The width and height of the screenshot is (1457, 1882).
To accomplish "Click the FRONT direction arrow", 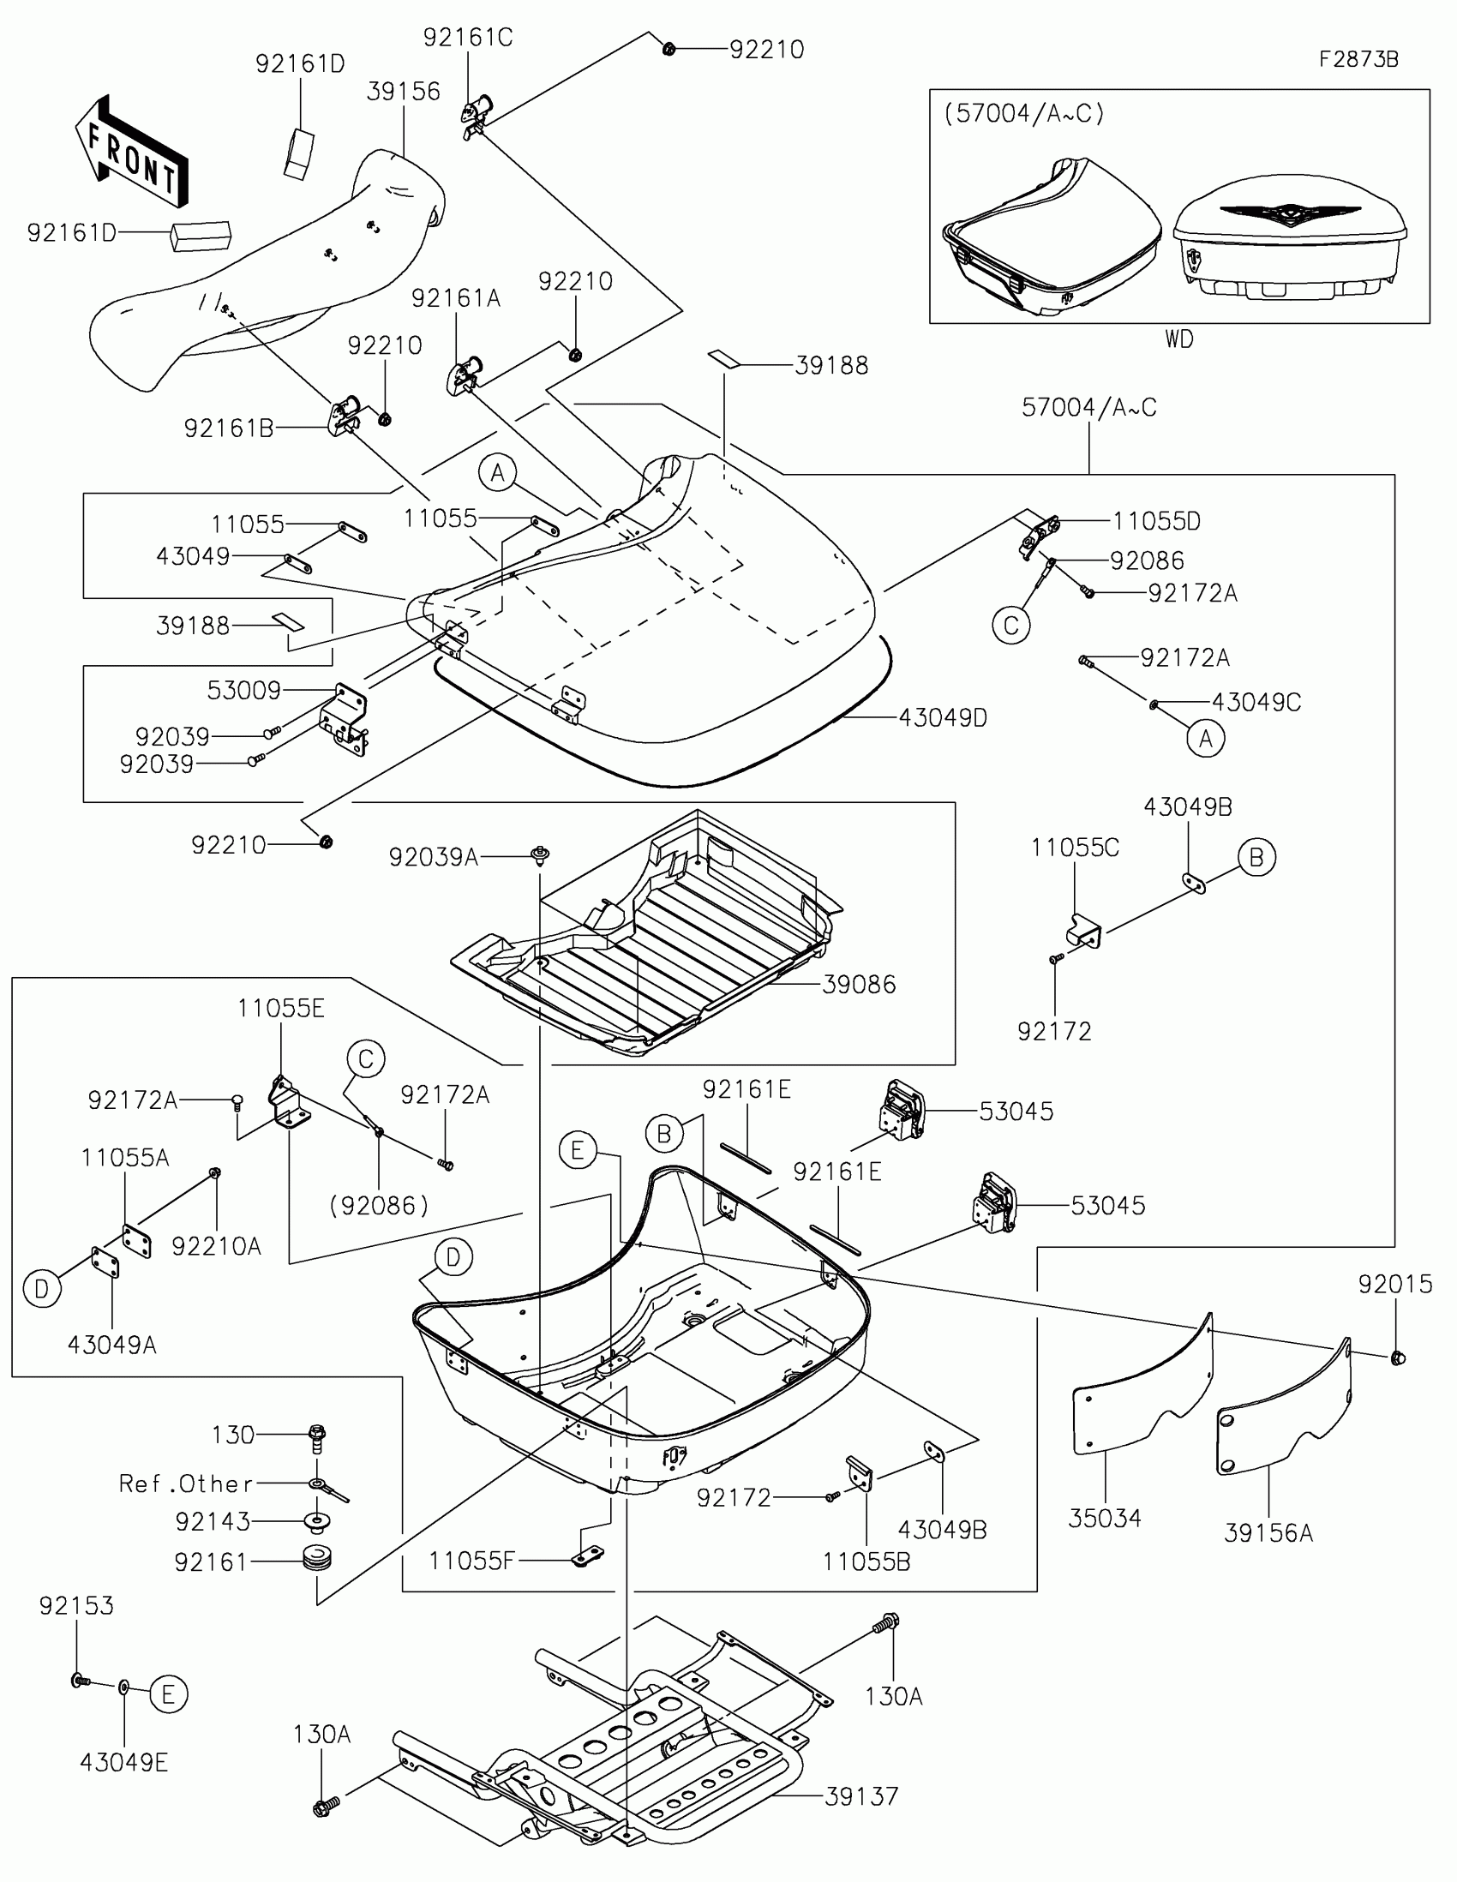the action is [x=131, y=152].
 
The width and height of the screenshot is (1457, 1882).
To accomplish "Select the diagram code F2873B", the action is [x=1358, y=59].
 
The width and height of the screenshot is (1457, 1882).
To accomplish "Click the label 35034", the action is [x=1105, y=1518].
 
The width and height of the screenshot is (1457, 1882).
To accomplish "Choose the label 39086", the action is [x=859, y=984].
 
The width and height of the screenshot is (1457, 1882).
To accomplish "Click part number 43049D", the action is [x=943, y=717].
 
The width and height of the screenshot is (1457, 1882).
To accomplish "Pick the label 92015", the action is [x=1395, y=1284].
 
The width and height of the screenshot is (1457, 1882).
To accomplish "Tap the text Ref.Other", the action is [x=186, y=1483].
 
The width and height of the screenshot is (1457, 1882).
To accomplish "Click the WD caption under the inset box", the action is [x=1179, y=339].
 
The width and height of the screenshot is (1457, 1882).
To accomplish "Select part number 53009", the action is [x=244, y=690].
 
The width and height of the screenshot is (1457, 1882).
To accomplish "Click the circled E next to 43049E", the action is [x=168, y=1694].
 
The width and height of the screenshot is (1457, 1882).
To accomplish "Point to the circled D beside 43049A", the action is [x=41, y=1289].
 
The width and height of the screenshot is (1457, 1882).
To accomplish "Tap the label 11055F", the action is [x=472, y=1561].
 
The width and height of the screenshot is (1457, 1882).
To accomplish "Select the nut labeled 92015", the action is [x=1398, y=1358].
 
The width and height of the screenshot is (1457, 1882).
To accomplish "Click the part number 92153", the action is [x=75, y=1605].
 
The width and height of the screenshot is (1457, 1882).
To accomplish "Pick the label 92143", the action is [x=213, y=1522].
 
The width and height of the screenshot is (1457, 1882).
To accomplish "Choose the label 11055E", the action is [x=281, y=1008].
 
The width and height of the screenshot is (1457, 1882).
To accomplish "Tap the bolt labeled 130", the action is [x=317, y=1439].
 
